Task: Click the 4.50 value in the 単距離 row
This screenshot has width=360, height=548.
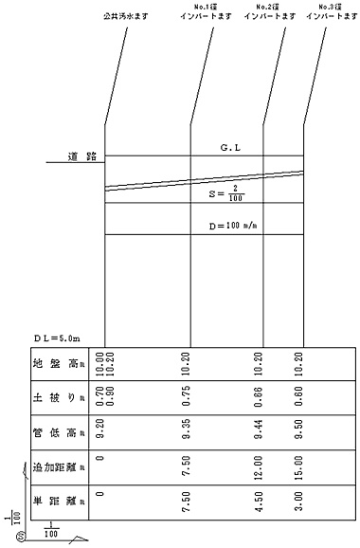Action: tap(259, 502)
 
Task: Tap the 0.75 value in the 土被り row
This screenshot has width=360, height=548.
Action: tap(186, 399)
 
